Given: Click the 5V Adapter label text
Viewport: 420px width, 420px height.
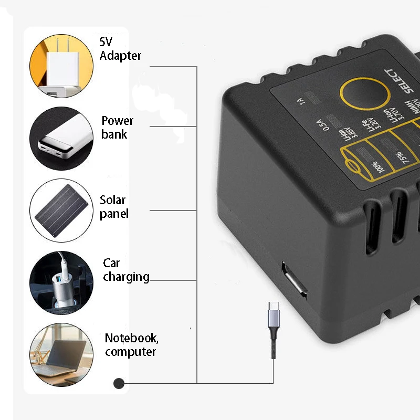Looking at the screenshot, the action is coord(120,48).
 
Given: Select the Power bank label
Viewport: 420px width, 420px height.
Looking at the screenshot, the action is coord(117,128).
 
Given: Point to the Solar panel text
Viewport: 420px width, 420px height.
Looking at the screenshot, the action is coord(113,207).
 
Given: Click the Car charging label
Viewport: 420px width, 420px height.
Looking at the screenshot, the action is coord(125,270).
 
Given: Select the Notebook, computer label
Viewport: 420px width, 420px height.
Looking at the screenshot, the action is coord(131,345).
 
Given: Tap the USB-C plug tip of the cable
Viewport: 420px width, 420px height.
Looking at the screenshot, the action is coord(274,307).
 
